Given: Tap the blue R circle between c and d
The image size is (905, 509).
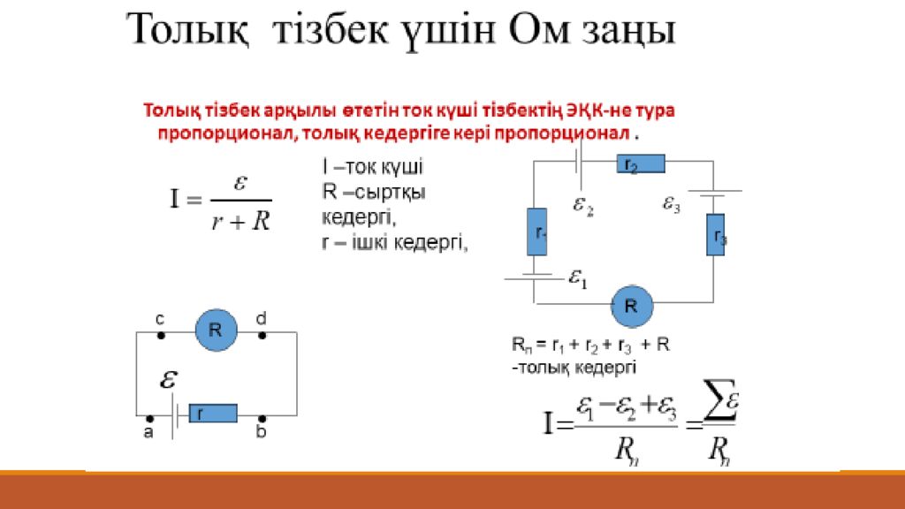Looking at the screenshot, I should [216, 330].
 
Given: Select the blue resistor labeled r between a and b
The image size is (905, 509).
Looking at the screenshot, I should [212, 413].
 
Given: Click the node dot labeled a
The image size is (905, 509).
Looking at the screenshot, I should [149, 418].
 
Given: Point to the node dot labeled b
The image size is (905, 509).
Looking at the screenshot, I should [262, 418].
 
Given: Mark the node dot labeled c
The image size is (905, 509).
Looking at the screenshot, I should [160, 336].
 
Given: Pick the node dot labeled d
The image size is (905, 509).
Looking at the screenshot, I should [262, 336].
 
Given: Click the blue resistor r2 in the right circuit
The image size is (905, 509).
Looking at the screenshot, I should [639, 164].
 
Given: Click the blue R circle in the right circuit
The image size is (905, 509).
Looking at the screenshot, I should [632, 306].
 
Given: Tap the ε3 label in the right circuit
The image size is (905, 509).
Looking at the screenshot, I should [672, 204].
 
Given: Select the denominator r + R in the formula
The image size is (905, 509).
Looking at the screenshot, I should [240, 220].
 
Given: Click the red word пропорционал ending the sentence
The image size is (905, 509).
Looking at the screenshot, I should [574, 133].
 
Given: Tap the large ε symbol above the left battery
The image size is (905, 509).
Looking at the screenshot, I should [168, 379].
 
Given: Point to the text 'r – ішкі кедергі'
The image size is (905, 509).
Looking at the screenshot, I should [393, 241].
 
